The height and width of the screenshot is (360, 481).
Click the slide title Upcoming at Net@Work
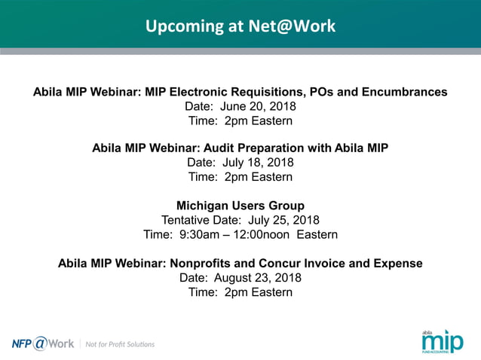pyautogui.click(x=240, y=26)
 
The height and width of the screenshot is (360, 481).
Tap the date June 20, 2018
pyautogui.click(x=263, y=106)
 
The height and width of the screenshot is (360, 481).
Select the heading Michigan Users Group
pyautogui.click(x=240, y=206)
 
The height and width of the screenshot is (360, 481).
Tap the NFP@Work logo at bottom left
pyautogui.click(x=43, y=343)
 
